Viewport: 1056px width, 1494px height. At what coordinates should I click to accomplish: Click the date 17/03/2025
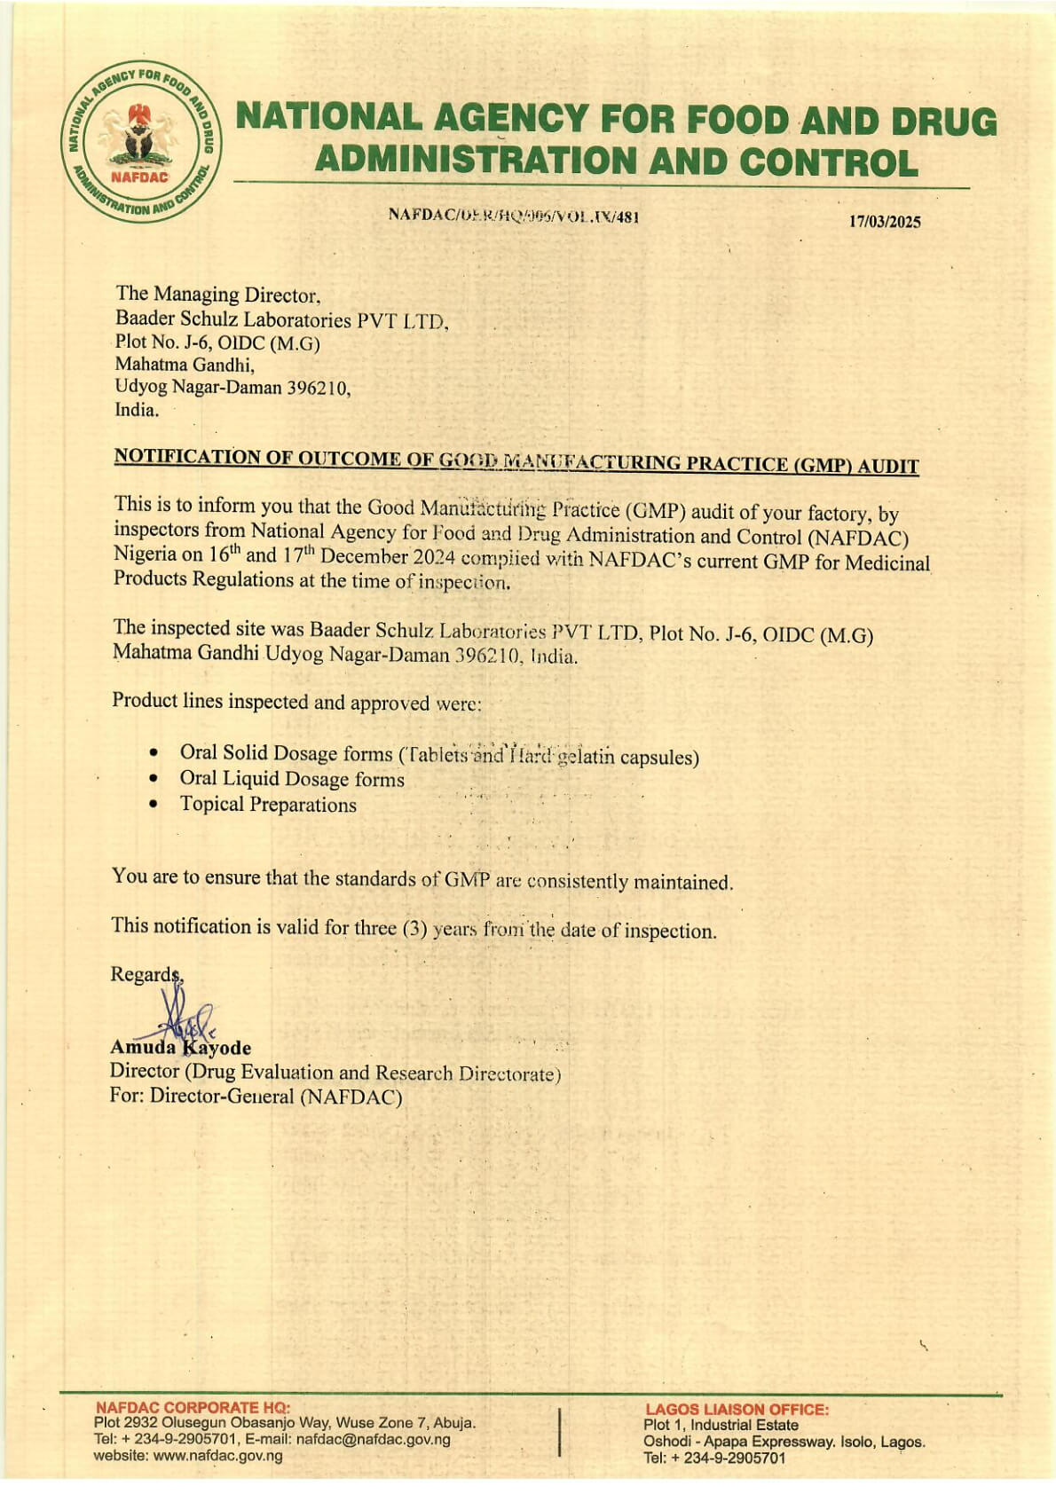[885, 222]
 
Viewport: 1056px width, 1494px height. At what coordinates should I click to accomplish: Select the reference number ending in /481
[514, 216]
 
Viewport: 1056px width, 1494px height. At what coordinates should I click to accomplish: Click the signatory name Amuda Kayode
[180, 1048]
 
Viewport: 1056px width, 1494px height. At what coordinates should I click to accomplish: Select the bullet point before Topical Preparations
[154, 805]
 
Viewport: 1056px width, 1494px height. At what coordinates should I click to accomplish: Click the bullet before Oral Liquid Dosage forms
[154, 779]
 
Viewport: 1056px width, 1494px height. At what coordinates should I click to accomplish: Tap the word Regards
[145, 974]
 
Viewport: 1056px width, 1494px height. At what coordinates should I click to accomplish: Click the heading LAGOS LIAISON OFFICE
[737, 1409]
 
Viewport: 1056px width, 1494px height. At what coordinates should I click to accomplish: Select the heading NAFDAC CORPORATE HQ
[192, 1407]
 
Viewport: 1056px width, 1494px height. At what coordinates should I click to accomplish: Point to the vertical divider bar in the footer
[560, 1432]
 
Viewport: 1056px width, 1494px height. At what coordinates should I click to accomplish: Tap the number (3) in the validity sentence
[415, 928]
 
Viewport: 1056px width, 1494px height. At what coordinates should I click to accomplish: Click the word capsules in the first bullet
[659, 758]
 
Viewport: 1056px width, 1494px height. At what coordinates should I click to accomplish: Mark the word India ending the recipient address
[137, 410]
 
